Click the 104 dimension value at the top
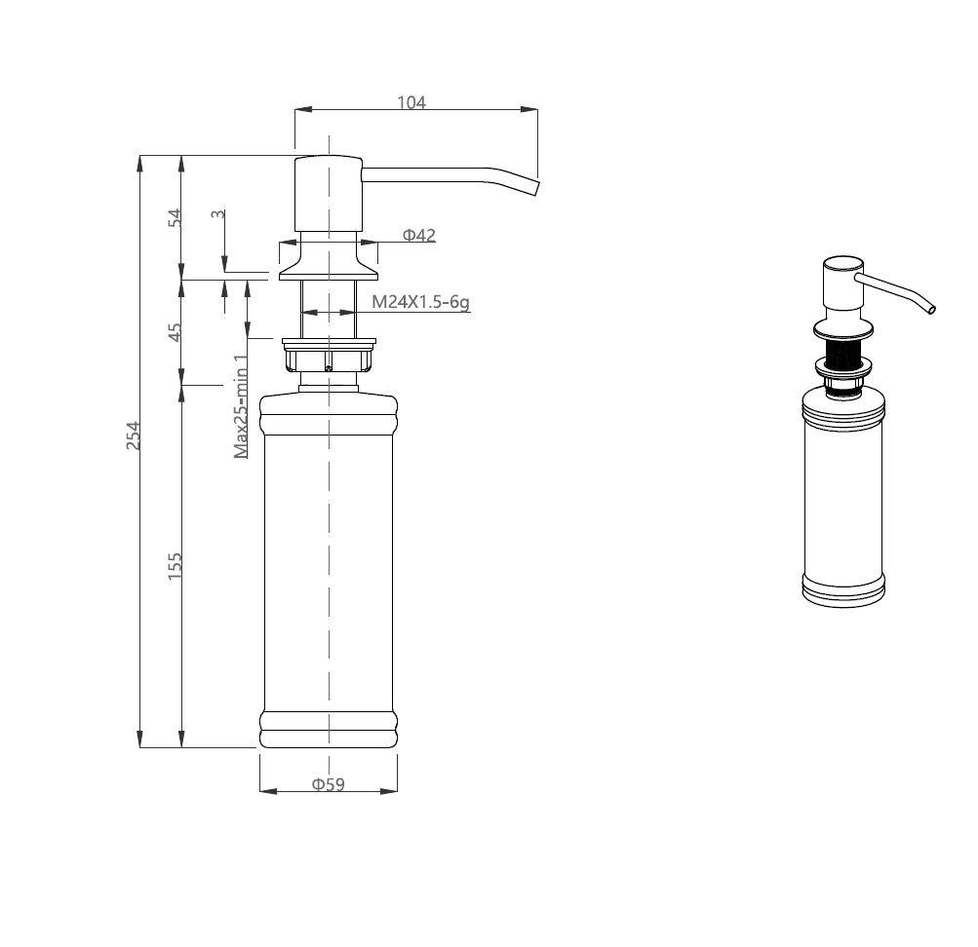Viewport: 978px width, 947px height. (x=411, y=102)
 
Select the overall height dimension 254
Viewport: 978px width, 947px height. (x=134, y=436)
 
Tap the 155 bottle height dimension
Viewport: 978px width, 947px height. (x=175, y=566)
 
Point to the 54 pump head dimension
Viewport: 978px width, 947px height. (x=176, y=218)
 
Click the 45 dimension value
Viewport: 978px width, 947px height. (x=176, y=332)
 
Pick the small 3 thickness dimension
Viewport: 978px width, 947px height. (x=217, y=214)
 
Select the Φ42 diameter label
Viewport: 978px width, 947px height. (x=419, y=235)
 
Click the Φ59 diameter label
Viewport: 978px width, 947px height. (x=328, y=783)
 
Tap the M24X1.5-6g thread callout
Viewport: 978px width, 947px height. (x=420, y=302)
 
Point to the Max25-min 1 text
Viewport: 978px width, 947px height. (x=242, y=406)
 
